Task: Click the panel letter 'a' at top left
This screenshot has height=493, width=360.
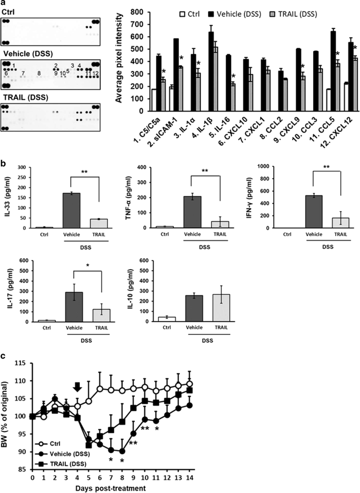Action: click(x=4, y=4)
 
